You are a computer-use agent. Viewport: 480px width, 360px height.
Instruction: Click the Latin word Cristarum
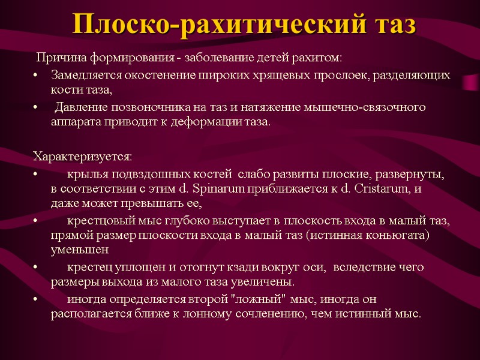(x=383, y=188)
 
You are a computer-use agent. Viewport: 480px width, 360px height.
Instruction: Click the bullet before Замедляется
(x=37, y=76)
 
